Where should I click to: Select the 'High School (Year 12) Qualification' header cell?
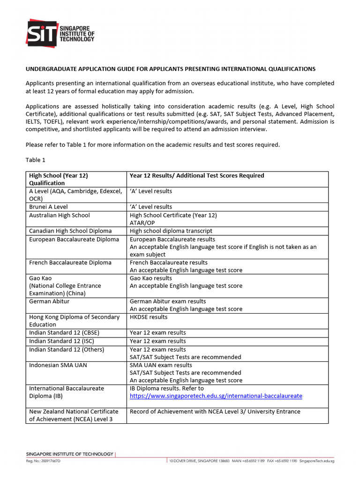coord(59,179)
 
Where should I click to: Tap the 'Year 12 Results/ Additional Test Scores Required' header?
coord(197,176)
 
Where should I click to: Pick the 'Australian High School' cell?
coord(60,215)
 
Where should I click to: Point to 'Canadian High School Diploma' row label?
coord(70,231)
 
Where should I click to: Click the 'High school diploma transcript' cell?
coord(171,231)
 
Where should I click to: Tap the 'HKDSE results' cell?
coord(149,317)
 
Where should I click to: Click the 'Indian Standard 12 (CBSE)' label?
coord(64,333)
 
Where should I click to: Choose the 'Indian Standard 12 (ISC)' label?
coord(61,341)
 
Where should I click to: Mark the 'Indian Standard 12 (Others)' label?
coord(67,350)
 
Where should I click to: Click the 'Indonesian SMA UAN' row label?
coord(58,365)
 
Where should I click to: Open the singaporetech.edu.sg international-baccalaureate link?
coord(216,396)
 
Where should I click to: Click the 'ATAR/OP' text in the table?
coord(142,223)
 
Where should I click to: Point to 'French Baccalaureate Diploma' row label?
coord(70,262)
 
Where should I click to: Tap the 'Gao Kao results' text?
coord(151,278)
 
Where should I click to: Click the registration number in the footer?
coord(43,462)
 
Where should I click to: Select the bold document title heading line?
coord(170,69)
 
